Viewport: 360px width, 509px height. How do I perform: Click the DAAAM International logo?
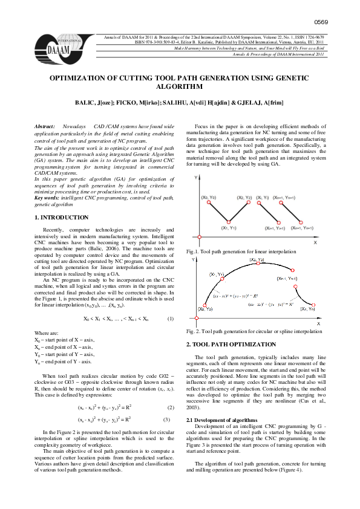(x=61, y=43)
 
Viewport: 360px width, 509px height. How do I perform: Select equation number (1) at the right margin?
(x=170, y=319)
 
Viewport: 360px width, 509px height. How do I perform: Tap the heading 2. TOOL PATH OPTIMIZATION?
(x=231, y=344)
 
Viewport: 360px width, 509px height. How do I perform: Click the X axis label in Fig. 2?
(x=319, y=325)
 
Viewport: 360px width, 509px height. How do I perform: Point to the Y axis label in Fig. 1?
(x=195, y=178)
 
